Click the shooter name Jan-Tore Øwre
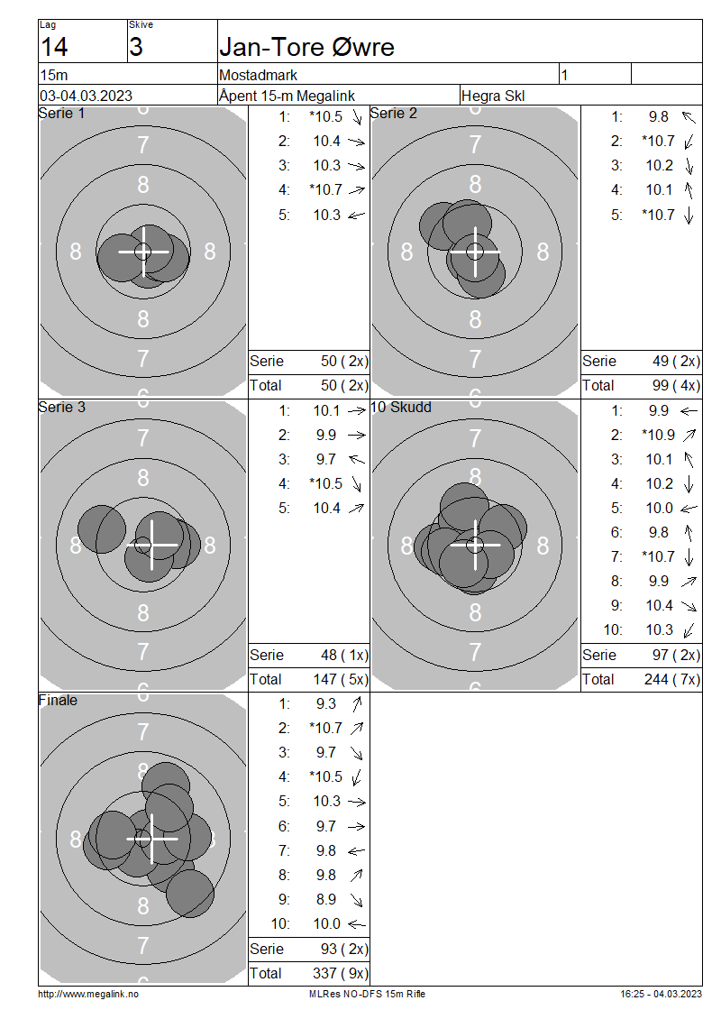(306, 48)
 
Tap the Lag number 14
(54, 48)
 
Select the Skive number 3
(136, 48)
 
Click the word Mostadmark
(259, 75)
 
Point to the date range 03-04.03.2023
(86, 96)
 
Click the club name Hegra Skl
(493, 96)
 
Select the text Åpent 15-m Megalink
(287, 96)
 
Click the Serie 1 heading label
(61, 113)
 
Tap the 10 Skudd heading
(401, 407)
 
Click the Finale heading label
(58, 700)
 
